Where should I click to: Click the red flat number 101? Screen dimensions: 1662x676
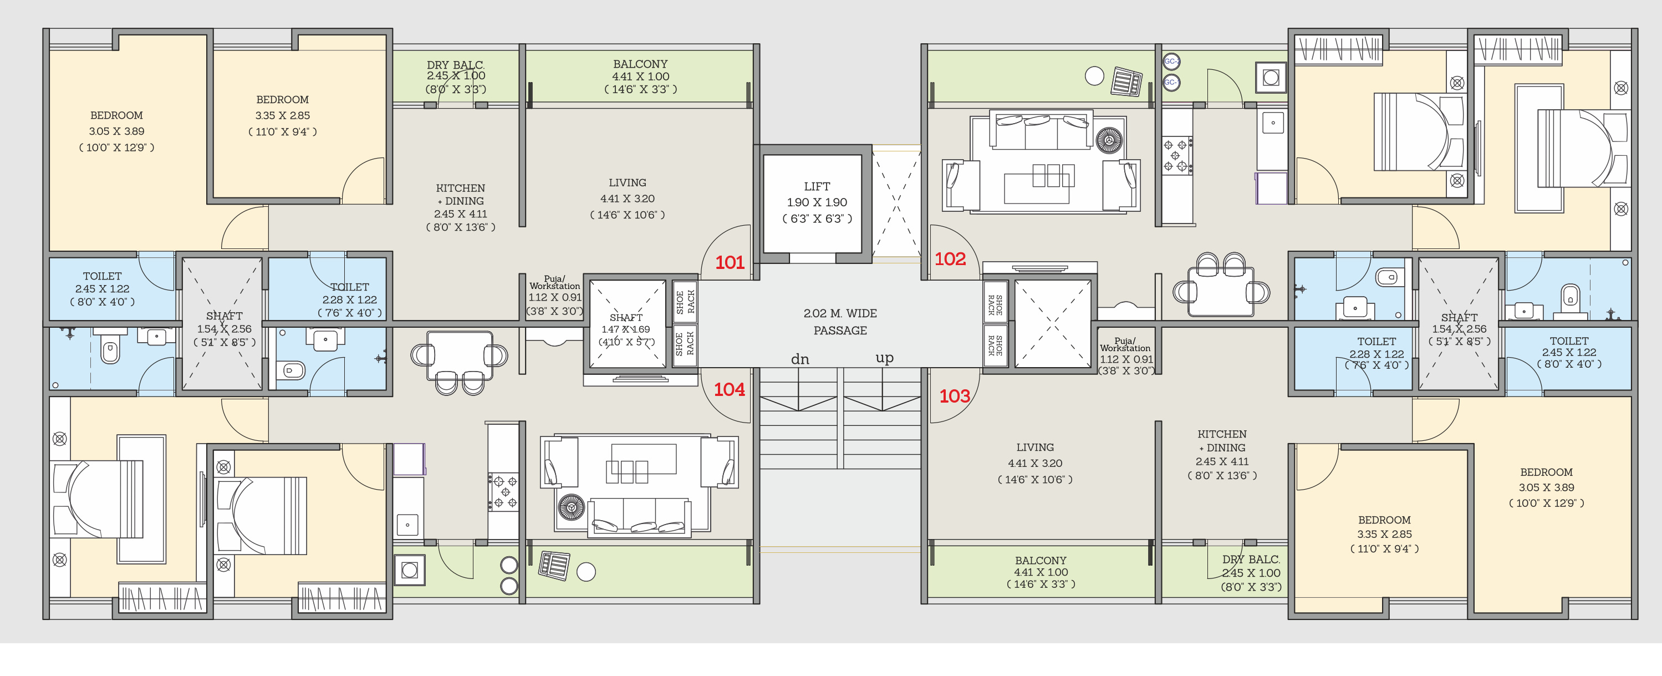coord(730,263)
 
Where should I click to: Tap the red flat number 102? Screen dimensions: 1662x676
coord(950,259)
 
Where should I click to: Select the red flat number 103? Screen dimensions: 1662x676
coord(954,396)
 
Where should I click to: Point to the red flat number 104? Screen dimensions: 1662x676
coord(729,389)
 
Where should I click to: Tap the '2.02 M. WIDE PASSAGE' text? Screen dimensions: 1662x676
coord(840,322)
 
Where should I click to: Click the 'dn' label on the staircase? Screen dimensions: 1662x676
coord(800,359)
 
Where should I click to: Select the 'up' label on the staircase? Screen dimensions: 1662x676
coord(885,358)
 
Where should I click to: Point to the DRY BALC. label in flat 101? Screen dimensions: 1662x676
coord(456,64)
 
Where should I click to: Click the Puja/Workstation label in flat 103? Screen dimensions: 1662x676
coord(1125,344)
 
